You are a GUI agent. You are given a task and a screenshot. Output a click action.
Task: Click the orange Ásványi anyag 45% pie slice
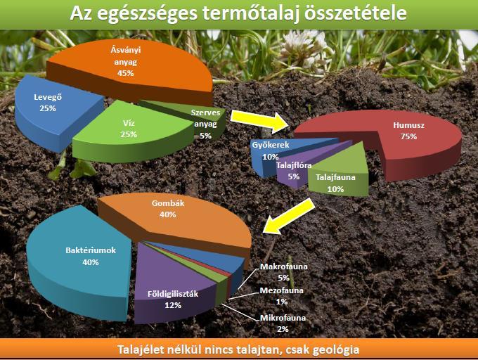(x=131, y=70)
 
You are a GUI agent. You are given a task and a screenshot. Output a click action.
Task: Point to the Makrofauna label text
(x=283, y=266)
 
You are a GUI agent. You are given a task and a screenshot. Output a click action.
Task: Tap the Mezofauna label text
(x=281, y=290)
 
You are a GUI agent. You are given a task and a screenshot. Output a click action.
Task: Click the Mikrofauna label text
(x=283, y=318)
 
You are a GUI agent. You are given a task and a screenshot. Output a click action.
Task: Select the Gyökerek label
(x=271, y=145)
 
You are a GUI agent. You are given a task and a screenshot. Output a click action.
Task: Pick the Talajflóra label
(x=294, y=165)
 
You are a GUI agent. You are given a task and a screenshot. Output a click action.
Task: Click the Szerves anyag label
(x=206, y=118)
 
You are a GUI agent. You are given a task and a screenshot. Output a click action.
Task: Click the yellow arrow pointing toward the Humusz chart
(x=259, y=122)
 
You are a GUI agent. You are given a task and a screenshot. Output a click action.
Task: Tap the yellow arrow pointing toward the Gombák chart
(x=289, y=217)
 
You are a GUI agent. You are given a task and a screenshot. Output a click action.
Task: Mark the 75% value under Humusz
(x=408, y=136)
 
